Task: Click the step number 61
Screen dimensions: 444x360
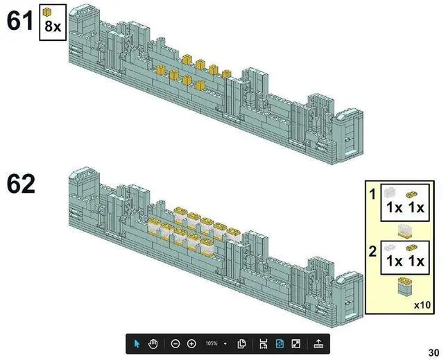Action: pos(20,21)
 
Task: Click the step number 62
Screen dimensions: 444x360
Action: pos(21,184)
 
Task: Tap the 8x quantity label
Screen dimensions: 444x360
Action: pos(53,26)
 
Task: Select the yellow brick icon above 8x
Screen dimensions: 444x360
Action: pos(47,12)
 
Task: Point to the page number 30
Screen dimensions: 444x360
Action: pos(434,352)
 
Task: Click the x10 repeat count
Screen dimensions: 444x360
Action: pos(422,305)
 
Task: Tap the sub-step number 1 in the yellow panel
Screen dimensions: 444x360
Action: pos(373,194)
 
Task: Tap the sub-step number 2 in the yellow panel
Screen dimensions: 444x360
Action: pos(373,251)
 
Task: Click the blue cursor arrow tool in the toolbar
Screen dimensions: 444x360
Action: pos(137,344)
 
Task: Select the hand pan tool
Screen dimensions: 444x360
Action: pos(153,344)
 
